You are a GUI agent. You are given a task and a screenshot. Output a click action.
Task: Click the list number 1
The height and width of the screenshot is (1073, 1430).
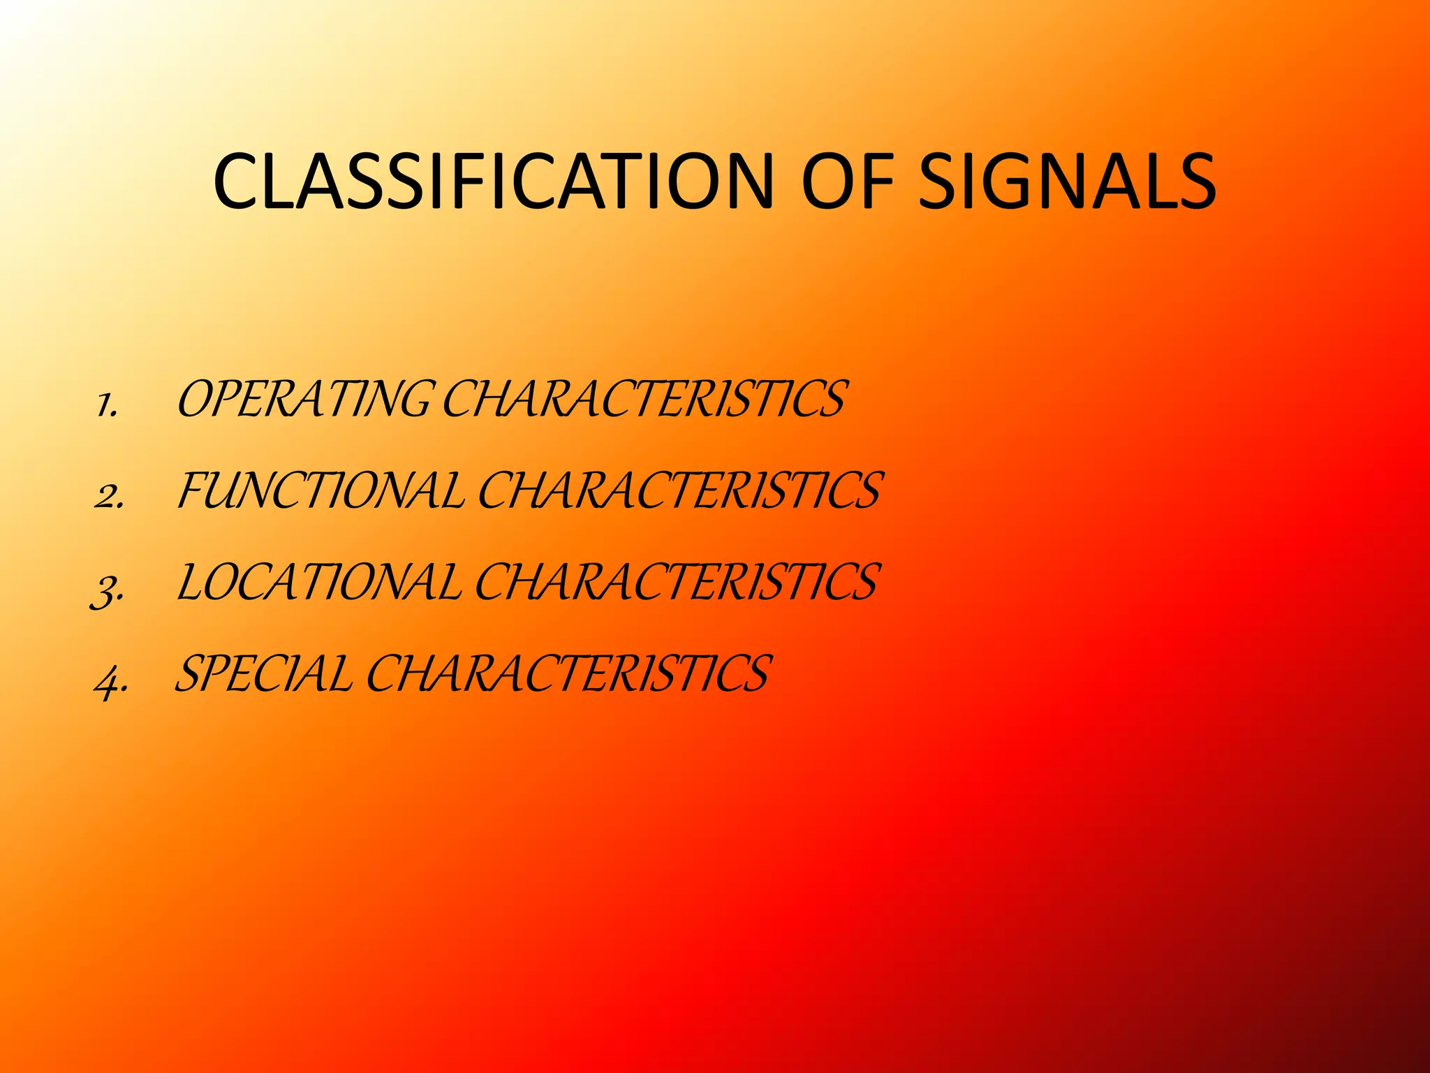coord(106,404)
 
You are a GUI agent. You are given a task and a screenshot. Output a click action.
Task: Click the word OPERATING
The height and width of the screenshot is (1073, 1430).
coord(303,400)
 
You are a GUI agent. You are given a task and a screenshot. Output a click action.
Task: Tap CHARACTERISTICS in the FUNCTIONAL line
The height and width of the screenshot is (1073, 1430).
coord(679,490)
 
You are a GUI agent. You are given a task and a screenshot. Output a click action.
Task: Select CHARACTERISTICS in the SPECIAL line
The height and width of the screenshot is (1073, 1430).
coord(567,674)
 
